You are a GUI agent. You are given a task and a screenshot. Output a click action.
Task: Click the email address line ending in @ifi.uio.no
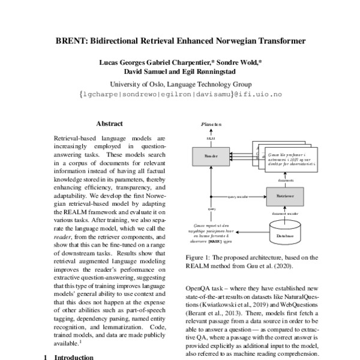180,94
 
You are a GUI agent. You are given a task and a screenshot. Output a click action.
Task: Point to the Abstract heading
109,124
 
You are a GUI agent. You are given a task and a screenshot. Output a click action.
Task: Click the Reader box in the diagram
211,155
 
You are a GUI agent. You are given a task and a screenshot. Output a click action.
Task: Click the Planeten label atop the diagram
211,124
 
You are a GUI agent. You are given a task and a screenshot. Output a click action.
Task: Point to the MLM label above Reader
211,139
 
